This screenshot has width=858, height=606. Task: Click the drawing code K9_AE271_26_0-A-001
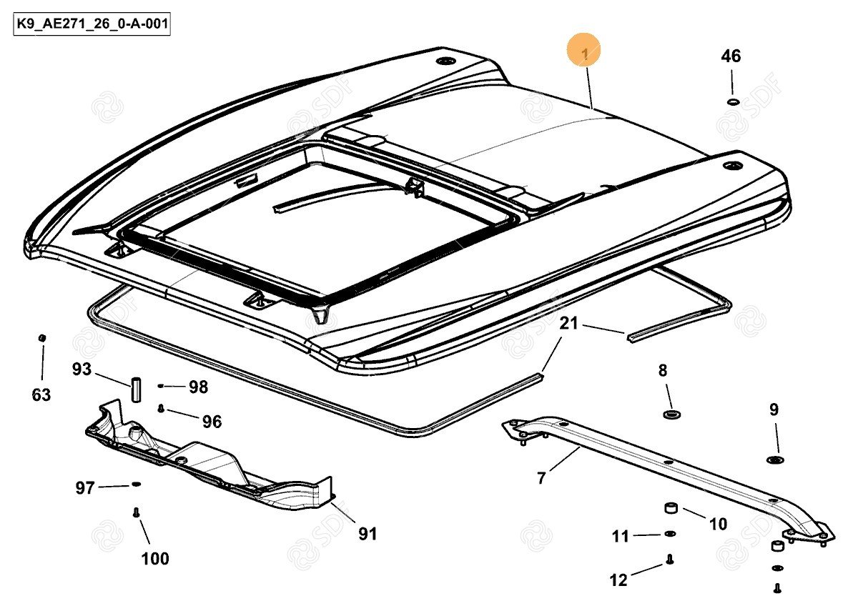[x=92, y=26]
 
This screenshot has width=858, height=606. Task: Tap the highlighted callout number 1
[x=585, y=52]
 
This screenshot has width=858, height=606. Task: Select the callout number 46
[x=731, y=56]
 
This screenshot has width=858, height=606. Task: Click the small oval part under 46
[x=732, y=101]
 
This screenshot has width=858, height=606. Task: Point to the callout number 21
[x=569, y=324]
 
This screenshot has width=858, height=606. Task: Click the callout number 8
[x=663, y=370]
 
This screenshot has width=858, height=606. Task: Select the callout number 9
[x=774, y=410]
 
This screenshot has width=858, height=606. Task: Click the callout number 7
[x=541, y=478]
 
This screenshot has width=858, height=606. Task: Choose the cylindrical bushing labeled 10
[x=672, y=508]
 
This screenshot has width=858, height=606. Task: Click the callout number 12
[x=618, y=580]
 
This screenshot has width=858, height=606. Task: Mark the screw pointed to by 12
[x=670, y=560]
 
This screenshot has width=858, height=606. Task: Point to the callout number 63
[x=41, y=394]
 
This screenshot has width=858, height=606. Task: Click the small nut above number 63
[x=42, y=337]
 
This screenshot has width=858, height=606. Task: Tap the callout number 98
[x=198, y=387]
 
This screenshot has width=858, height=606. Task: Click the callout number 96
[x=212, y=422]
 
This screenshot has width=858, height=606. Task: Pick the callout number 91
[x=368, y=533]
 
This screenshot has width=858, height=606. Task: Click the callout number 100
[x=155, y=558]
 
